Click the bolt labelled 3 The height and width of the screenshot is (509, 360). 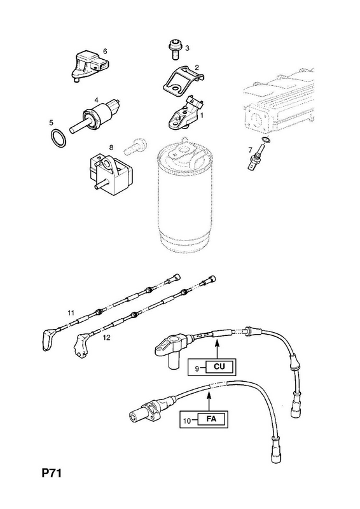coord(175,50)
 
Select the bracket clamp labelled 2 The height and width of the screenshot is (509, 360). coord(183,80)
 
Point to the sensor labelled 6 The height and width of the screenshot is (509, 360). coord(89,66)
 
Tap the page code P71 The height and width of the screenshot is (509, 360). coord(52,473)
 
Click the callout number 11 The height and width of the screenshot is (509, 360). coord(71,313)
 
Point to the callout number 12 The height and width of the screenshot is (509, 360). coord(106,338)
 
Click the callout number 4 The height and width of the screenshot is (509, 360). coord(97,99)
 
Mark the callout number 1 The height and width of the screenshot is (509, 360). coord(202,115)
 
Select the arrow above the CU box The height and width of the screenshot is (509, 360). coord(217,348)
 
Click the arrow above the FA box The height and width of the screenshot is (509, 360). coord(209,401)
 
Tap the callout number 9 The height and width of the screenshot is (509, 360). coord(197,368)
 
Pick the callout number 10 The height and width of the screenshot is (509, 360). coord(187,421)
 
